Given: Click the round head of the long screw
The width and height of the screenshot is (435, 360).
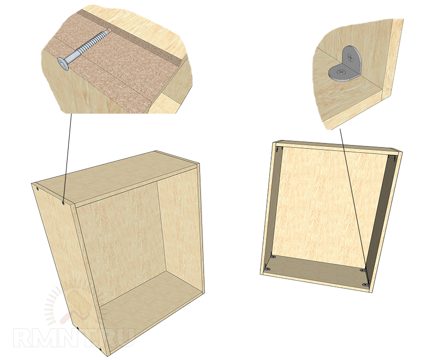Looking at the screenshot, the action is tap(63, 63).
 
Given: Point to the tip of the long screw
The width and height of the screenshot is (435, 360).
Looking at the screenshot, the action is tap(110, 30).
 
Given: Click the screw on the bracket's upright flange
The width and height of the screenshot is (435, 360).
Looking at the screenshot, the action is tap(352, 58).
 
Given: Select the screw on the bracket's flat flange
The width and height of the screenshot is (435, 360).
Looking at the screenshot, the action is tap(341, 73).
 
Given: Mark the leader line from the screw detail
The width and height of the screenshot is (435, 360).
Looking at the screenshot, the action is tap(68, 158).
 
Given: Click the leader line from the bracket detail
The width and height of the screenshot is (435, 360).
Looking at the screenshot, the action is tap(354, 207).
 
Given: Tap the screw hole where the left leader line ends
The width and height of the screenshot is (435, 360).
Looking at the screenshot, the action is tap(63, 203).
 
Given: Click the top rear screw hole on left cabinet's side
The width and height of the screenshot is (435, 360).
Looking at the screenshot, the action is tap(38, 189).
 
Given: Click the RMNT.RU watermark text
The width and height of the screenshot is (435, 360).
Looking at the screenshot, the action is tap(74, 338).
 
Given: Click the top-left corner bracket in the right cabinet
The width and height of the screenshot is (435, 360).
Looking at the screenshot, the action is tap(278, 150).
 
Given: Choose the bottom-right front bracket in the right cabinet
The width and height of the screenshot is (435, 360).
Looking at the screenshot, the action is tap(365, 284).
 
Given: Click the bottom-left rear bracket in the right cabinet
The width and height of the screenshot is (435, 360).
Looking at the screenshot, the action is tap(273, 256).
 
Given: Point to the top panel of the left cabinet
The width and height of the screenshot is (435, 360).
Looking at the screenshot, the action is tap(117, 180).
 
